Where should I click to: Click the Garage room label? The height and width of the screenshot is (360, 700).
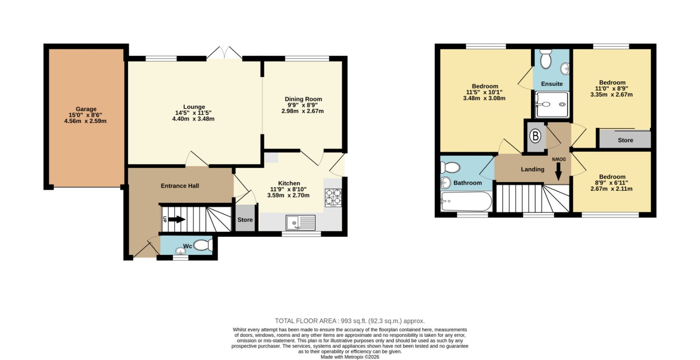[86, 109]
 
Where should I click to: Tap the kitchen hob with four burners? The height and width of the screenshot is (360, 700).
[333, 198]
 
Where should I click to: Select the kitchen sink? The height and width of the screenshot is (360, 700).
[300, 223]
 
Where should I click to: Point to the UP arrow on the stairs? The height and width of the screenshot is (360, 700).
[177, 220]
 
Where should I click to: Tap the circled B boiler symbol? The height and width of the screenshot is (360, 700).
[535, 136]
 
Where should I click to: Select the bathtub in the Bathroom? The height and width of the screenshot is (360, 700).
[466, 201]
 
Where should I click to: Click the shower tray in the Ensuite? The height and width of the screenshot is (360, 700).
[552, 105]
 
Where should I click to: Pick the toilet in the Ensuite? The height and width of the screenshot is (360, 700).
[546, 59]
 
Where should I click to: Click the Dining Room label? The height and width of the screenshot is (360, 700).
[303, 99]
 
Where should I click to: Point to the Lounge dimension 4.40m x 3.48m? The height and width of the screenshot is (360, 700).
[193, 119]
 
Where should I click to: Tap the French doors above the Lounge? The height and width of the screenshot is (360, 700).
[224, 53]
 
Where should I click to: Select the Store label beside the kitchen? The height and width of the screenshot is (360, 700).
[245, 220]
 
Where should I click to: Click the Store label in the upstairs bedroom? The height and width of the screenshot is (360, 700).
[625, 140]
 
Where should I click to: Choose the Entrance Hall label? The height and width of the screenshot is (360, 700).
[180, 186]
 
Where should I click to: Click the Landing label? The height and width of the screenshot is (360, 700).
[532, 169]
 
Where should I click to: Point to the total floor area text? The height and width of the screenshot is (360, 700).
[350, 321]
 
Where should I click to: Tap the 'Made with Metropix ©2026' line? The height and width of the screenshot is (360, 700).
[350, 357]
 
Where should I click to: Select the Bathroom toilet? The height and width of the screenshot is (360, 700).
[450, 168]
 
